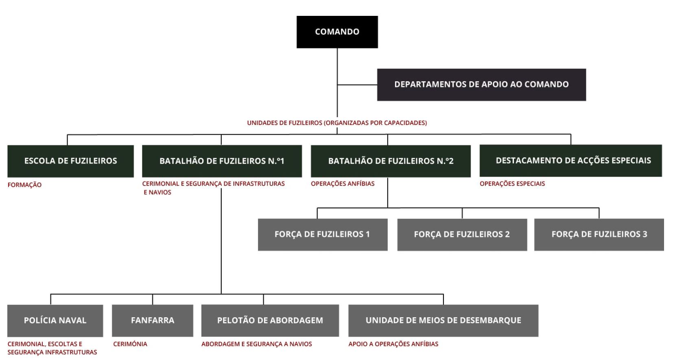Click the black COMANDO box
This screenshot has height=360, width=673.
point(337,32)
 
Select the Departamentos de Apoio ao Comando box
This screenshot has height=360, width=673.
point(481,85)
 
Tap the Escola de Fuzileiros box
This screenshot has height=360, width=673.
point(71,161)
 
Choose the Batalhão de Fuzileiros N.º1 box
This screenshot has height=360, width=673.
point(222,161)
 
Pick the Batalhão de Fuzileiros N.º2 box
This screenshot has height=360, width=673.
point(391,161)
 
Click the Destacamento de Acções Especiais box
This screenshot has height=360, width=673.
point(570,161)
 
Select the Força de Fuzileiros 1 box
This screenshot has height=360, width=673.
point(323,234)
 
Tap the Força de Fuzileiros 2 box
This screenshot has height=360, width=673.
point(462,234)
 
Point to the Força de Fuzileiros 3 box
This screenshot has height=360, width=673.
point(599,234)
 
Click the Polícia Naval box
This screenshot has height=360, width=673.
point(55,321)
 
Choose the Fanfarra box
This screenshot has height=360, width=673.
point(153,321)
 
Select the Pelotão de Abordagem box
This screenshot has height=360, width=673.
point(270,321)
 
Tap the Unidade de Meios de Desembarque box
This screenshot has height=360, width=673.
point(443,321)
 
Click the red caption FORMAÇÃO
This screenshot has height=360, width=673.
point(25,185)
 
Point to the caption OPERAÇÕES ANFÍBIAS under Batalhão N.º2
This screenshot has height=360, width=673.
point(343,184)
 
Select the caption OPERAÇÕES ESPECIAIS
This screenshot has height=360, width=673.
point(512,184)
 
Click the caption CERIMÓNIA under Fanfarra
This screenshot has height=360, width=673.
point(130,344)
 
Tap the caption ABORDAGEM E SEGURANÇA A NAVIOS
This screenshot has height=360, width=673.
point(257,344)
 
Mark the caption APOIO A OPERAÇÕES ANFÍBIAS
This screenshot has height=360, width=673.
point(393,344)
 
